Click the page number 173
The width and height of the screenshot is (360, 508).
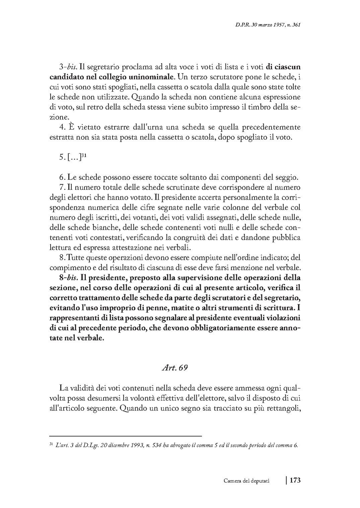click(x=295, y=481)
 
